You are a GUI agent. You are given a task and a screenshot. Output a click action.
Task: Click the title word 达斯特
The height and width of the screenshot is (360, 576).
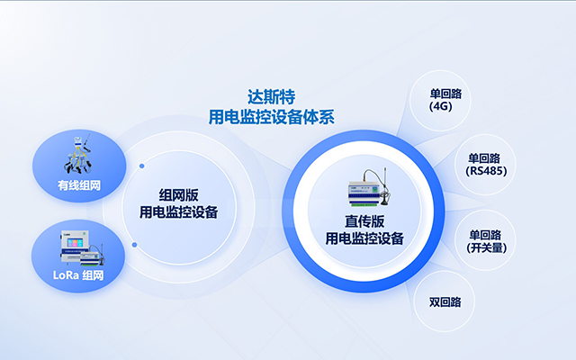tap(271, 96)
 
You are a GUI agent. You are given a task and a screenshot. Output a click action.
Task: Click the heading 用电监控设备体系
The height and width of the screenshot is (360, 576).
tap(271, 116)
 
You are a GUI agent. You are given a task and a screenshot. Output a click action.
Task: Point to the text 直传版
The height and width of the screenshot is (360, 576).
tap(364, 221)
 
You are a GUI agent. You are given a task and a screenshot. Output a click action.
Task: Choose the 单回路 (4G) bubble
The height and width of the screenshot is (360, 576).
tap(441, 99)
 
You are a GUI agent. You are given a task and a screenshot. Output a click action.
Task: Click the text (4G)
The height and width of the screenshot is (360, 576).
tap(441, 106)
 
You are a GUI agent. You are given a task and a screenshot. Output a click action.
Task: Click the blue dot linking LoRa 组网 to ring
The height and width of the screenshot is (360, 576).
tap(134, 244)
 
